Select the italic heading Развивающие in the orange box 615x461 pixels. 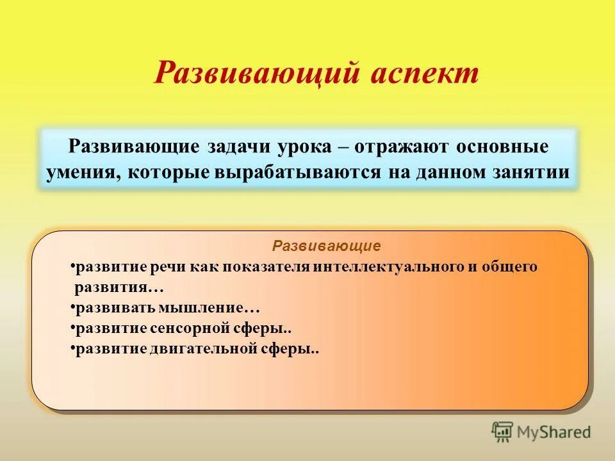pos(327,246)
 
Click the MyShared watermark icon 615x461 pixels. pos(502,432)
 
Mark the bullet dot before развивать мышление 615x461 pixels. pos(72,308)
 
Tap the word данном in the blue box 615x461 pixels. pos(450,173)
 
